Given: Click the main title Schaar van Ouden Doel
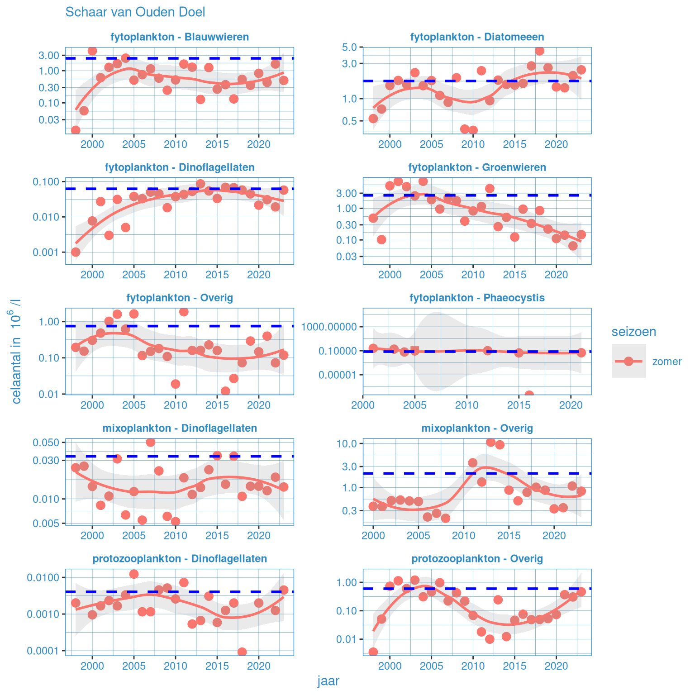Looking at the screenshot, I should (x=135, y=12).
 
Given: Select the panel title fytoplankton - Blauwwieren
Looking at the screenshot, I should (x=180, y=37).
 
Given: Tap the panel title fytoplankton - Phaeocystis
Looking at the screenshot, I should (x=477, y=298).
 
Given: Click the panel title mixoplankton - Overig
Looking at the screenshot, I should (x=477, y=428).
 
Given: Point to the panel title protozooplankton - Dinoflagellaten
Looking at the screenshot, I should (x=180, y=558).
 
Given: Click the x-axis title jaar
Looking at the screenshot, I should (x=328, y=681).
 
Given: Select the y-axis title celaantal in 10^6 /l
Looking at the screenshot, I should (x=16, y=351).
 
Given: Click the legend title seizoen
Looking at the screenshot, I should (x=633, y=332).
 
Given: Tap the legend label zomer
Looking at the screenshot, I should (x=666, y=362).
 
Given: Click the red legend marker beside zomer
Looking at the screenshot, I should (x=628, y=361).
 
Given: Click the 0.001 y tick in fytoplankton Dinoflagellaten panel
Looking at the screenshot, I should (x=46, y=252).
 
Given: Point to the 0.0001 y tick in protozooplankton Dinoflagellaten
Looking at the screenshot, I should (x=44, y=651).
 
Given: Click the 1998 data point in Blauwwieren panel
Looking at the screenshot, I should (x=76, y=130).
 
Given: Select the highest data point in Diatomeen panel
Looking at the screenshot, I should (x=539, y=51).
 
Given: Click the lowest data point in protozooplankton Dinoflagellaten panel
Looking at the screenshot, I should (x=242, y=652).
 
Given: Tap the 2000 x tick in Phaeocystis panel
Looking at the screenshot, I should (x=363, y=405).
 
